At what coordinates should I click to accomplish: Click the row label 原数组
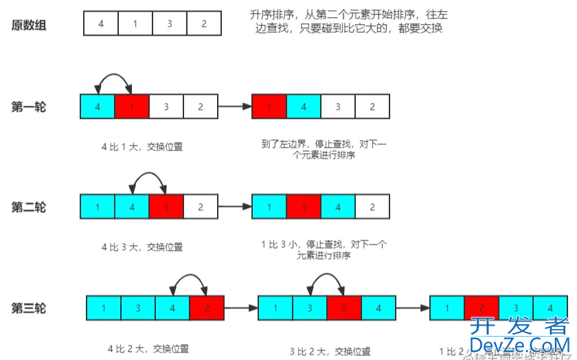click(x=28, y=25)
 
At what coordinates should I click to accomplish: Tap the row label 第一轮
click(x=28, y=106)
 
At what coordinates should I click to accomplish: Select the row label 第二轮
click(x=28, y=207)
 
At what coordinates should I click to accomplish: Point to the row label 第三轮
click(x=28, y=308)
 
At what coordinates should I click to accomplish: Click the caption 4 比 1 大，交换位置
click(x=141, y=146)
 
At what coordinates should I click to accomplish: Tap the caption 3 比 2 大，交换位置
click(x=326, y=351)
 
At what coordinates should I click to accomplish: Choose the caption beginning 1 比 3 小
click(x=324, y=249)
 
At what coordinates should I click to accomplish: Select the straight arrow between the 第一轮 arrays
click(x=236, y=107)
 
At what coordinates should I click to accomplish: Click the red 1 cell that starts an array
click(x=269, y=107)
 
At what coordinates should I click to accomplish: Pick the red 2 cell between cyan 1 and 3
click(x=481, y=308)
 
